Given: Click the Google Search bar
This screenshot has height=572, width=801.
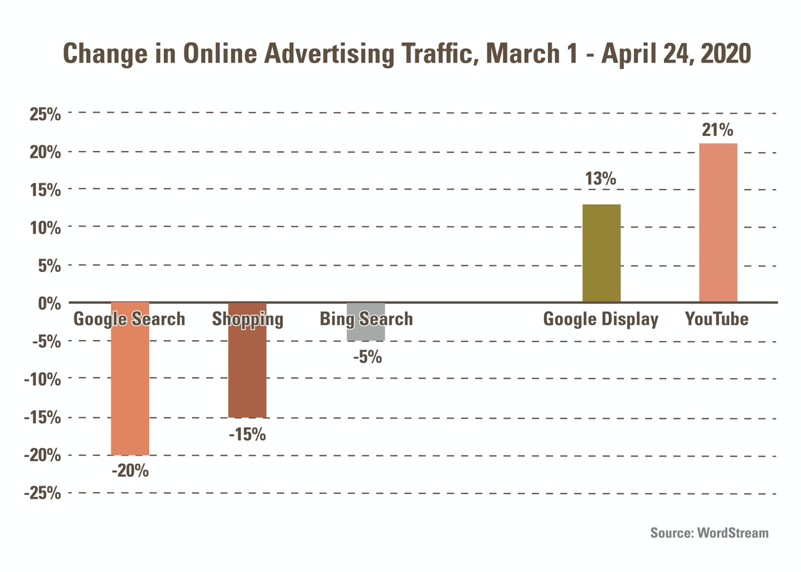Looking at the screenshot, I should pyautogui.click(x=130, y=390).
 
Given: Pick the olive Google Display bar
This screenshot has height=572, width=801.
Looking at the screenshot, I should pyautogui.click(x=601, y=253).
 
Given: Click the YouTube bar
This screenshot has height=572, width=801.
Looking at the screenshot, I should pyautogui.click(x=718, y=223).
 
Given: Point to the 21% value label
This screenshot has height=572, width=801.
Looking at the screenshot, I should pyautogui.click(x=717, y=130).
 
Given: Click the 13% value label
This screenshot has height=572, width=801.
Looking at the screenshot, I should pyautogui.click(x=600, y=179).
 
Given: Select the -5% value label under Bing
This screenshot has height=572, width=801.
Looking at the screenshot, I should pyautogui.click(x=368, y=357).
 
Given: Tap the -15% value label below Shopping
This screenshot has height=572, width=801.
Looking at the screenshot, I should pyautogui.click(x=247, y=434).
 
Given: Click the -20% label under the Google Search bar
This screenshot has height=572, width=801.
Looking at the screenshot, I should pyautogui.click(x=130, y=471).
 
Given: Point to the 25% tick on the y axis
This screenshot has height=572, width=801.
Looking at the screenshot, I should pyautogui.click(x=45, y=114).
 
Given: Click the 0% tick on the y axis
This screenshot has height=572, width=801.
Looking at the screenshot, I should pyautogui.click(x=49, y=304).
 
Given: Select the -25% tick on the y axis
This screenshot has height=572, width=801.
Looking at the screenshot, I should pyautogui.click(x=42, y=493).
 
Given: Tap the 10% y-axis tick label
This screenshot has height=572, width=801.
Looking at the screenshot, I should pyautogui.click(x=45, y=228).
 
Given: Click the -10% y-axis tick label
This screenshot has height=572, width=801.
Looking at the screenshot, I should pyautogui.click(x=42, y=380).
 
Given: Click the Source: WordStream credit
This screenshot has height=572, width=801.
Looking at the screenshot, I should pyautogui.click(x=709, y=533).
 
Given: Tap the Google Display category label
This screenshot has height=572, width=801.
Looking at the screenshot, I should pyautogui.click(x=600, y=319).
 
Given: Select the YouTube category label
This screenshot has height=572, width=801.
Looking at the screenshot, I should pyautogui.click(x=716, y=319).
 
